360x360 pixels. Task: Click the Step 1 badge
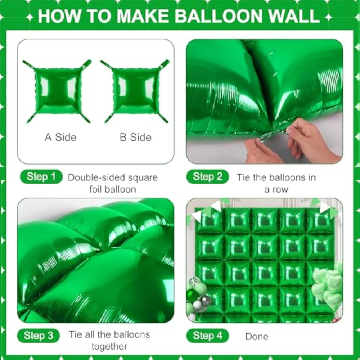(41, 176)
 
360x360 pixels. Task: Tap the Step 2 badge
(208, 176)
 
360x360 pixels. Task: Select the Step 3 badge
(39, 336)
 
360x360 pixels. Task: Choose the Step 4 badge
(208, 336)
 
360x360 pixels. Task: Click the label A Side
(60, 137)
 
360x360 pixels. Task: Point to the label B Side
(135, 137)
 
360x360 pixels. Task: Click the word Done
(257, 337)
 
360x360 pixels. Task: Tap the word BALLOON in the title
(220, 16)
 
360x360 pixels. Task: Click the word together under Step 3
(109, 346)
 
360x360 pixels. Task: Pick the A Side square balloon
(57, 91)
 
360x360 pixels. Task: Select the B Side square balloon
(135, 91)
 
